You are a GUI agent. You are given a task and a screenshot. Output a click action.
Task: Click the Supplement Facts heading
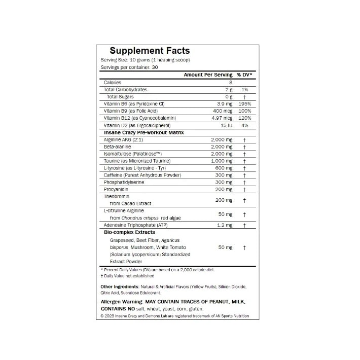(x=150, y=51)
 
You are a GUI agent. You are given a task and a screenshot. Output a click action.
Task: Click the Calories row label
(x=112, y=82)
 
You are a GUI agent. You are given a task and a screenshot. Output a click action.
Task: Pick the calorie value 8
(x=230, y=82)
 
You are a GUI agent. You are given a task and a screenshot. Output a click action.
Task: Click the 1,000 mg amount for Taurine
(x=222, y=161)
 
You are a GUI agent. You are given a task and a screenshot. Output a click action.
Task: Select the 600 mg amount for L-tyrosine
(x=224, y=168)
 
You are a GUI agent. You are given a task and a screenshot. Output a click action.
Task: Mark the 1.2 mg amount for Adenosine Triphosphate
(x=224, y=225)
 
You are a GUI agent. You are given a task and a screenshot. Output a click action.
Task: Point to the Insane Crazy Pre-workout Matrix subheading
(x=143, y=132)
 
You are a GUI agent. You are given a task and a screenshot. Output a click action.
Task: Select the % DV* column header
(x=244, y=75)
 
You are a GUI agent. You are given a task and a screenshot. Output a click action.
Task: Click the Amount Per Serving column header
(x=208, y=75)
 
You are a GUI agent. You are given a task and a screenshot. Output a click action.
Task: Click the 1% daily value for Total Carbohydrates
(x=244, y=89)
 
